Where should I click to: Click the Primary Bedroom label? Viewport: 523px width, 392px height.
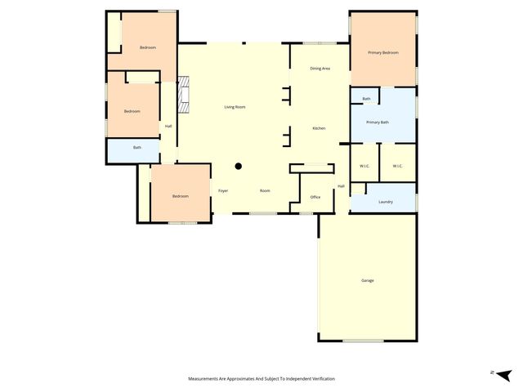pos(382,52)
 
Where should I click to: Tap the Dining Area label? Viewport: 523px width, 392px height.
pos(320,69)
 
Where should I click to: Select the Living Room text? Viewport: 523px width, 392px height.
pos(235,107)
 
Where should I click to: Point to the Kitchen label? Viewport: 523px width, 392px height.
pos(319,128)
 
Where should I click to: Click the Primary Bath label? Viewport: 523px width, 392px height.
pos(378,122)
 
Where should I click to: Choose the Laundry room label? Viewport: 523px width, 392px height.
pos(386,202)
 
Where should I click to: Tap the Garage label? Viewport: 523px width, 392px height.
pos(368,280)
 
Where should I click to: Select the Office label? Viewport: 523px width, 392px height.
pos(315,197)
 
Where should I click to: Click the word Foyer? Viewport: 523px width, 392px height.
pos(223,190)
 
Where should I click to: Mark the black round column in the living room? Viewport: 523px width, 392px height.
pos(239,166)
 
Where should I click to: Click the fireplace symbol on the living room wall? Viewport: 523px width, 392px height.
pos(184,95)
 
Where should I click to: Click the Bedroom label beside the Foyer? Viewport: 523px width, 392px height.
pos(180,196)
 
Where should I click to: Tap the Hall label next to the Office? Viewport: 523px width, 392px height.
pos(341,186)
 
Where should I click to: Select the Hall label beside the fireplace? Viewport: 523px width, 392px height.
pos(168,126)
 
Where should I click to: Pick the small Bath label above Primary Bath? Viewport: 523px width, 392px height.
pos(366,99)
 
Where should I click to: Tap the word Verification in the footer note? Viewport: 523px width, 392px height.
pos(320,379)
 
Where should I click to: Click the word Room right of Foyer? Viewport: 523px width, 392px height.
pos(265,190)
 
